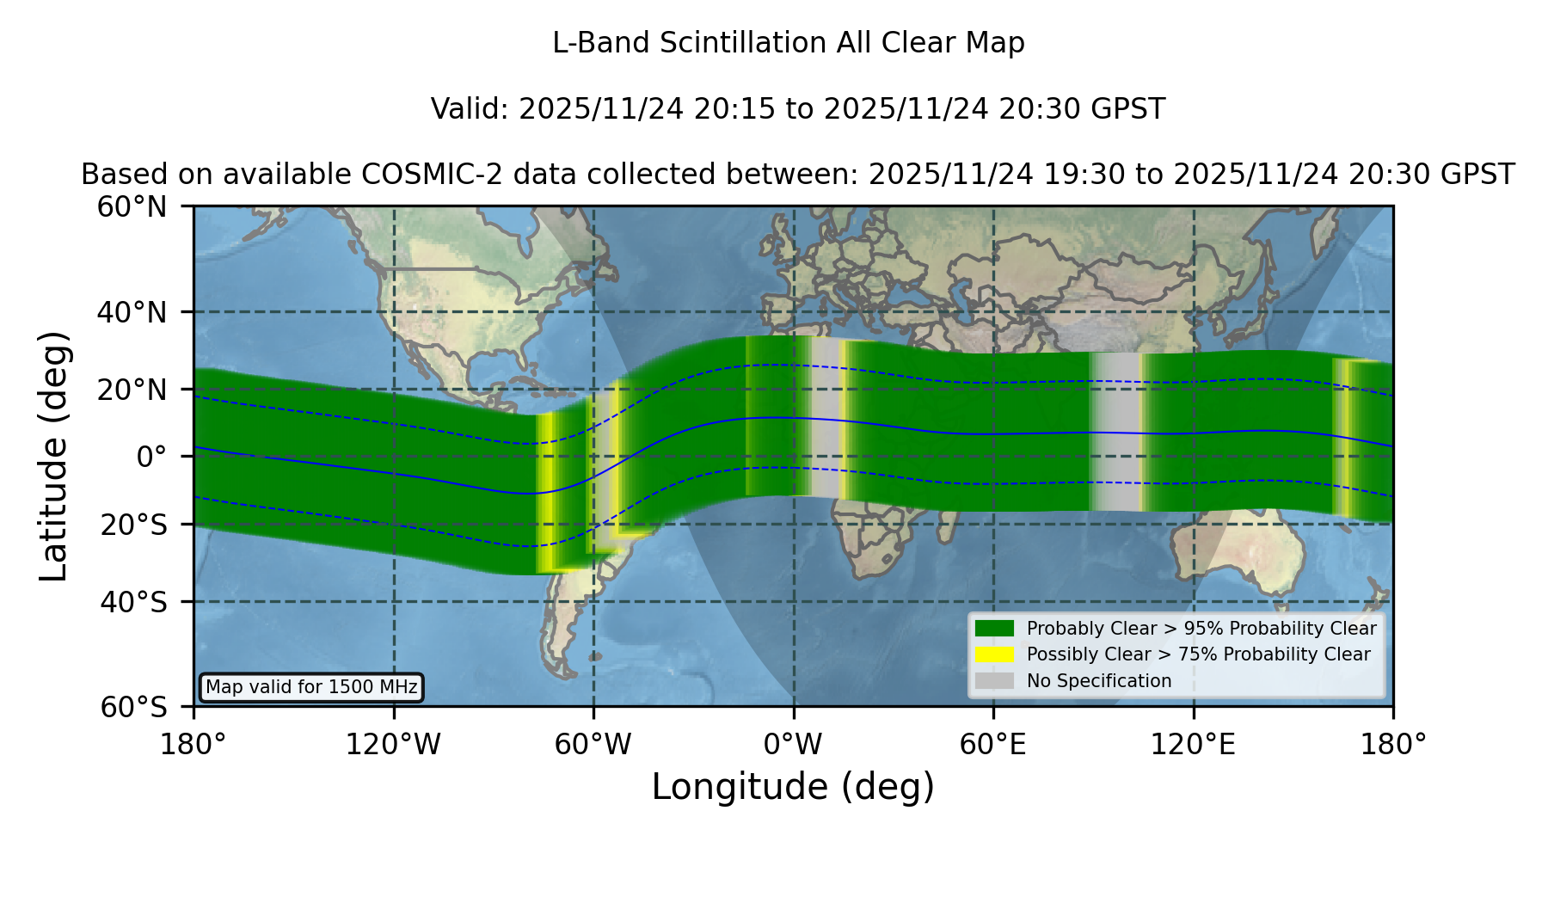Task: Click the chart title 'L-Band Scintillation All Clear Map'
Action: point(788,43)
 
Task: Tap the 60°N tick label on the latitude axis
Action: point(132,206)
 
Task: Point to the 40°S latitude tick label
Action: point(134,602)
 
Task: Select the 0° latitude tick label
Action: point(152,457)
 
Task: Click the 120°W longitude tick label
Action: point(393,745)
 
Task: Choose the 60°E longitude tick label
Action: point(993,745)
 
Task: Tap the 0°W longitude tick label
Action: point(793,745)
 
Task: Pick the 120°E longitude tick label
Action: point(1193,745)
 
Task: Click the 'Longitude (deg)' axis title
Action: point(793,787)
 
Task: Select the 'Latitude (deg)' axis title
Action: point(54,456)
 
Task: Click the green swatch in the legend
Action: point(995,629)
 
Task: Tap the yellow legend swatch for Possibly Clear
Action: point(995,654)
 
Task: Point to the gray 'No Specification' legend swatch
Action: point(995,681)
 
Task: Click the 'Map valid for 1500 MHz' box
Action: point(312,687)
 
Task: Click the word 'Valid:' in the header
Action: point(470,109)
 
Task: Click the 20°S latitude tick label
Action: point(134,525)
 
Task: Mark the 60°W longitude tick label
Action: point(593,745)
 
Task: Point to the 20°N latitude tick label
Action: point(132,390)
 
